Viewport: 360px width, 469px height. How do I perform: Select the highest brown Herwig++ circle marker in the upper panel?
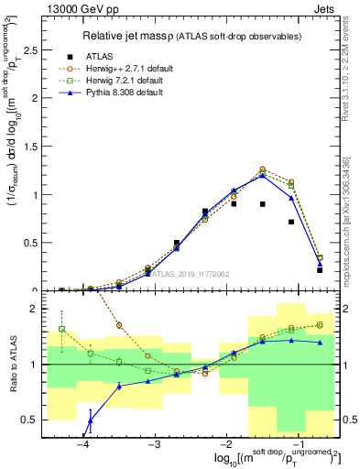262,169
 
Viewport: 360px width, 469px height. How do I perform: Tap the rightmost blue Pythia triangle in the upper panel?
319,264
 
